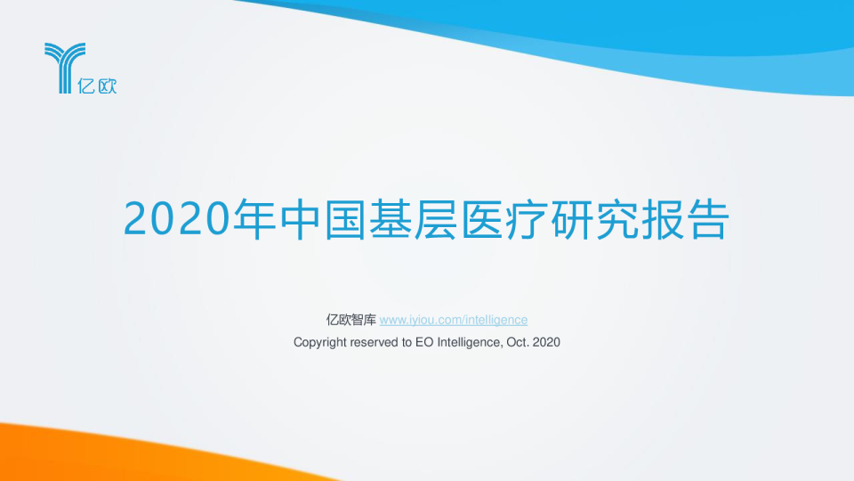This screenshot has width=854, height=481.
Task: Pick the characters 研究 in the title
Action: tap(603, 219)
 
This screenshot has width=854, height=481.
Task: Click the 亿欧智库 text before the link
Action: tap(351, 320)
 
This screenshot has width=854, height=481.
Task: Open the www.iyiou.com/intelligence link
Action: tap(454, 320)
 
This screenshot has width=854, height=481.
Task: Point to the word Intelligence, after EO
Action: tap(466, 342)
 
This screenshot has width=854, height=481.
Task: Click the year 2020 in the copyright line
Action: tap(546, 342)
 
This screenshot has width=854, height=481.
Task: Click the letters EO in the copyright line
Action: tap(423, 342)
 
